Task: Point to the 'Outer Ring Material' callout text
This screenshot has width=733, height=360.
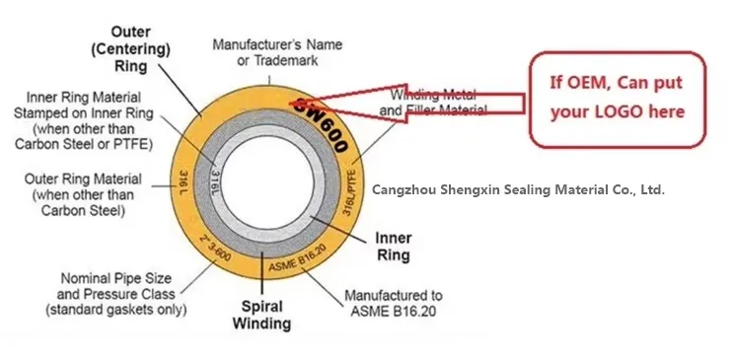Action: pos(83,193)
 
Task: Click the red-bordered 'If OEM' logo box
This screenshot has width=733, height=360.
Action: pos(617,100)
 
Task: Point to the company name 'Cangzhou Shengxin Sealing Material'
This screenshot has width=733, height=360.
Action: pos(518,187)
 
